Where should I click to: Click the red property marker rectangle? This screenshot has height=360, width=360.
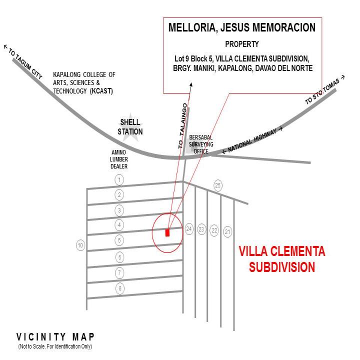(x=167, y=232)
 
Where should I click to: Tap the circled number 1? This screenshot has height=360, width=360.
(x=119, y=180)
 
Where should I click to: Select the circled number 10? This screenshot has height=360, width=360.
(x=80, y=245)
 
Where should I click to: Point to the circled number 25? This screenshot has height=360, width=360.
(x=217, y=185)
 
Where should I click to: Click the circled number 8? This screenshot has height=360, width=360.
(x=120, y=288)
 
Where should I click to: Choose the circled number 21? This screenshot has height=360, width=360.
(x=227, y=231)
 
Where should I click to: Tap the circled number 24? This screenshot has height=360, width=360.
(x=189, y=229)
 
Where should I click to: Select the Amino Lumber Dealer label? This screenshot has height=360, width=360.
(x=119, y=159)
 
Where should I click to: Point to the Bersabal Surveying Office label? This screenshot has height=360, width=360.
(x=201, y=144)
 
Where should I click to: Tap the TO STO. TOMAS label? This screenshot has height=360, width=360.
(x=324, y=90)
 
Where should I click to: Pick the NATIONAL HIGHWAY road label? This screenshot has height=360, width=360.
(x=252, y=140)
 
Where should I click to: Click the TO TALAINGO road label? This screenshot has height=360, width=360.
(x=183, y=126)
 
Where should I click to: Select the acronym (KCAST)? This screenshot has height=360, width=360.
(x=101, y=91)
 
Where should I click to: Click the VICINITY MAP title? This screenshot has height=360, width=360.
(x=55, y=337)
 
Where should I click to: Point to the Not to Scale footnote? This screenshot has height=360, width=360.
(x=55, y=346)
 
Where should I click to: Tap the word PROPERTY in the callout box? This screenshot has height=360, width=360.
(x=242, y=44)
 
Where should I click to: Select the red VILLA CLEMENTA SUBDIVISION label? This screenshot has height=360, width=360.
(x=282, y=259)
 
